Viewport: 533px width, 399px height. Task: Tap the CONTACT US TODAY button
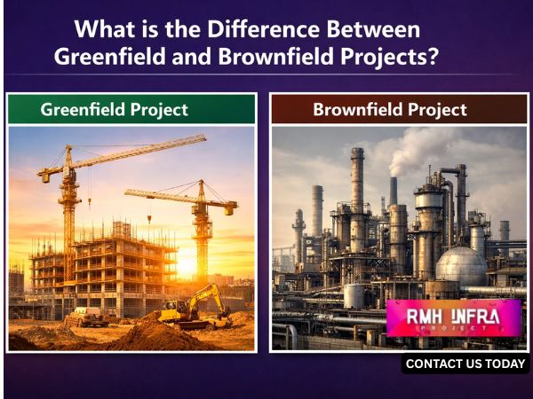[466, 364]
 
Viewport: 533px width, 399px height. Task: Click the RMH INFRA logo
[453, 317]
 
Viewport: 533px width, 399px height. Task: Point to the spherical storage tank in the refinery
[460, 265]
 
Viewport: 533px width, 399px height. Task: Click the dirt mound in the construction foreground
[151, 334]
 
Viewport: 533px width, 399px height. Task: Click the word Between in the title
[376, 29]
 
